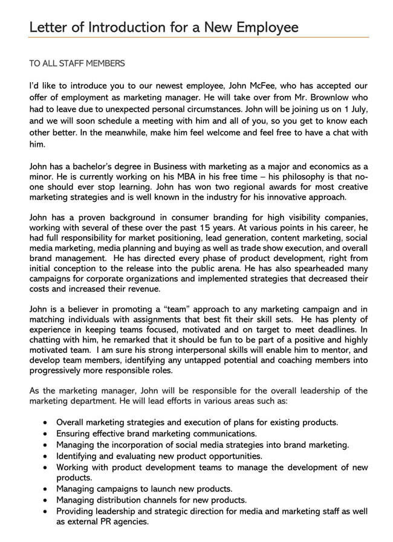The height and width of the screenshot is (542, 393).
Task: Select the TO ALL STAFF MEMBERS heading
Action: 77,63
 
